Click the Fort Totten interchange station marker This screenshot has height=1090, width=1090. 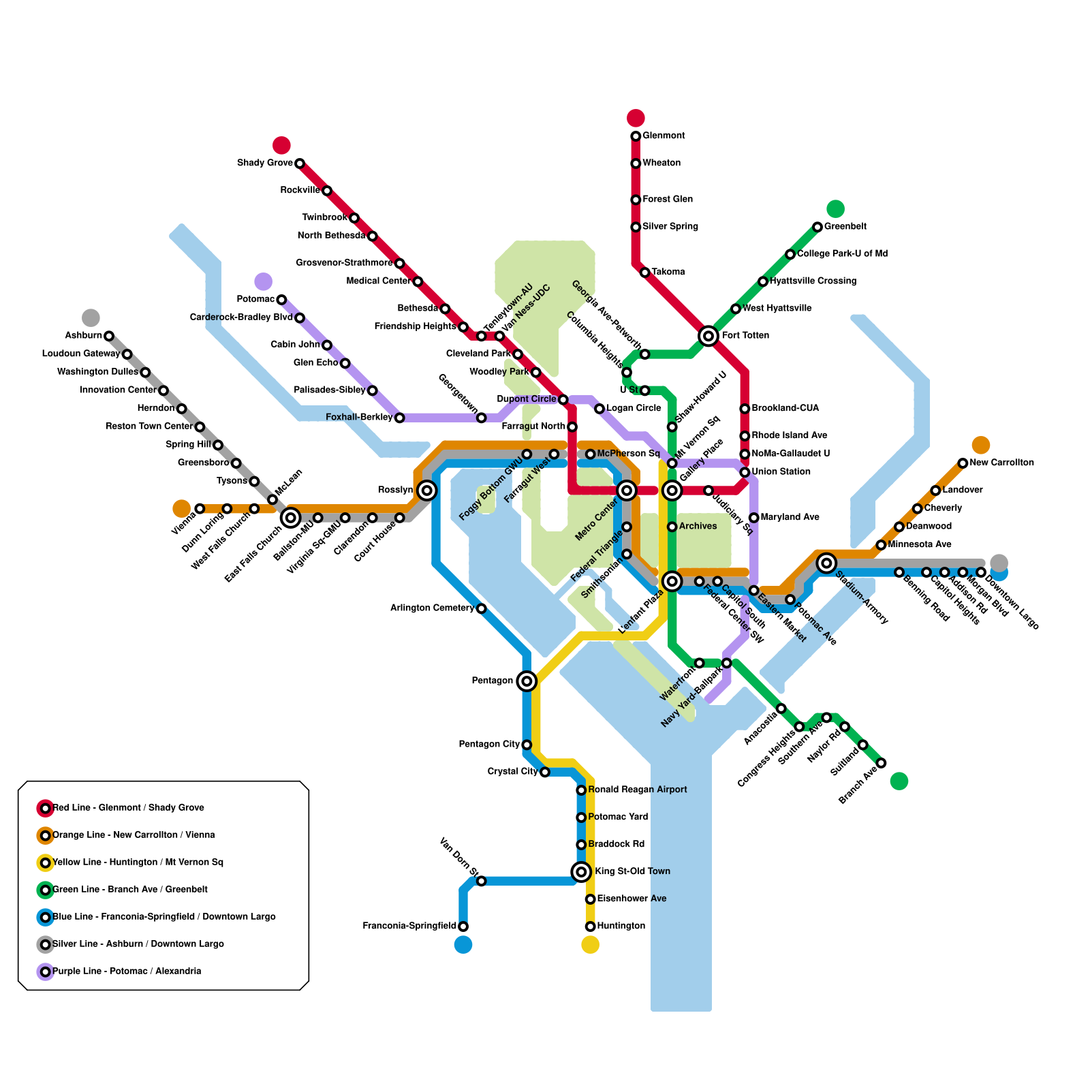pos(708,335)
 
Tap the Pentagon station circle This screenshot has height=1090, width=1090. pos(527,681)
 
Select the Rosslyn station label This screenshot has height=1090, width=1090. pos(395,490)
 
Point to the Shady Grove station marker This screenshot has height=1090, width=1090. pos(300,163)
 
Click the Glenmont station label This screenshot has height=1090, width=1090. pos(664,136)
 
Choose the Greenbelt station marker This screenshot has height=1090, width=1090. pos(817,227)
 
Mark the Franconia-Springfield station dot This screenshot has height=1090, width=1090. pos(463,926)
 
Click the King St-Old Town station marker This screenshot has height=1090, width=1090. pos(581,871)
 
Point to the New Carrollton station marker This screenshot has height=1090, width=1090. pos(963,463)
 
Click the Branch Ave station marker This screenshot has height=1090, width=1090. pos(881,763)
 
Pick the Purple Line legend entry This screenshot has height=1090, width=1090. pos(127,971)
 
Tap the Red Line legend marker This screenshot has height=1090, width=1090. pos(46,808)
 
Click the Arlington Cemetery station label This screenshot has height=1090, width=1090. pos(432,608)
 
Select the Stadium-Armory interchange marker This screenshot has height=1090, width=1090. pos(826,563)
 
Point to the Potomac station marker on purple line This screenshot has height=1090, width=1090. pos(281,300)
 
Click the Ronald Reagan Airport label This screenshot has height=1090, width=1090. pos(637,790)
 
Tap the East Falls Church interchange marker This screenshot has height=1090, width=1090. pos(290,518)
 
